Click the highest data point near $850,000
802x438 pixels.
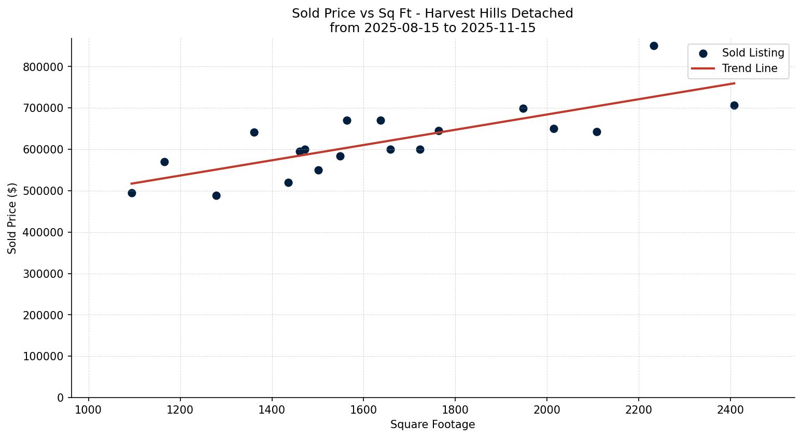click(x=654, y=46)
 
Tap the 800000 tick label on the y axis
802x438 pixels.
click(x=44, y=67)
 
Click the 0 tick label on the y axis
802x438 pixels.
click(x=61, y=398)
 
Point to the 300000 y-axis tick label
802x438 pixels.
click(x=44, y=274)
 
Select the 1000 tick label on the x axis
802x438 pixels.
click(x=88, y=410)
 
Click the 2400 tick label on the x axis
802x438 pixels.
click(x=730, y=410)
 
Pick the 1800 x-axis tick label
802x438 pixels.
click(x=455, y=410)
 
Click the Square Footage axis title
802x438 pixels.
click(x=432, y=425)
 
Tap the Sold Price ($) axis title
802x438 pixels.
click(x=12, y=218)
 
